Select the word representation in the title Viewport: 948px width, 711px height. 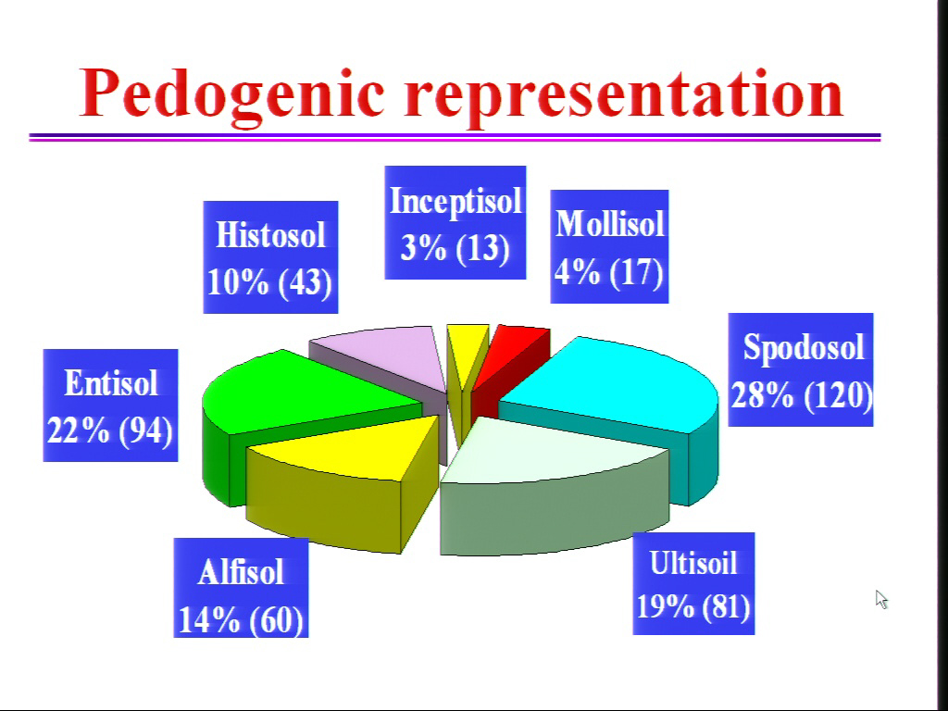(x=624, y=95)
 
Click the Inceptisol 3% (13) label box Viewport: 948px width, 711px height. (x=455, y=222)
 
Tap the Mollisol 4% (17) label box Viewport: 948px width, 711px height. (x=609, y=246)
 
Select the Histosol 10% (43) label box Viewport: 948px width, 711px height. (x=270, y=257)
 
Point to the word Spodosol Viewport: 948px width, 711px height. (x=804, y=348)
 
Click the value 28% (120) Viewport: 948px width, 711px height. (x=802, y=395)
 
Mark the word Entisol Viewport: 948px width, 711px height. (x=111, y=383)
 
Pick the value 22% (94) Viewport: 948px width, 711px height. (x=110, y=430)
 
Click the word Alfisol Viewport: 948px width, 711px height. (x=241, y=572)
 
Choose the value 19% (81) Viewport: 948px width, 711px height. (x=693, y=605)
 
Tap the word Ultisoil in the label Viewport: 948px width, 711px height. (x=693, y=562)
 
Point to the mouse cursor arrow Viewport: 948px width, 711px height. (x=881, y=599)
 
